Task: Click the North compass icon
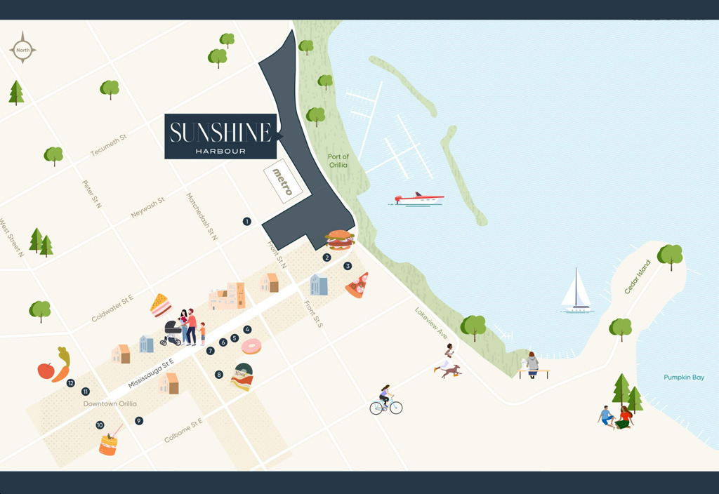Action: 22,49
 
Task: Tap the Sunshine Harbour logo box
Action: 220,136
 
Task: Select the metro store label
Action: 282,182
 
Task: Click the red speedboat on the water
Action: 418,199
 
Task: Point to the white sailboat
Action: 576,292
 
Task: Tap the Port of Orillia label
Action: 338,161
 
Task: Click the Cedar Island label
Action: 638,277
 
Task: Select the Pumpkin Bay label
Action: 683,378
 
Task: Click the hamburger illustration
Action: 340,240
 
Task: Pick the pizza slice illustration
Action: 357,286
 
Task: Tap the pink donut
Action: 251,346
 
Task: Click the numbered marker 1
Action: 246,222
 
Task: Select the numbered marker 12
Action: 71,383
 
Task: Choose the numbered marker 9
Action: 139,421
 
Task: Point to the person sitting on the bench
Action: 532,364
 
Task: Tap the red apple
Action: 46,370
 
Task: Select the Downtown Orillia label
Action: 110,404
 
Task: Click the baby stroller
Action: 172,333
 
